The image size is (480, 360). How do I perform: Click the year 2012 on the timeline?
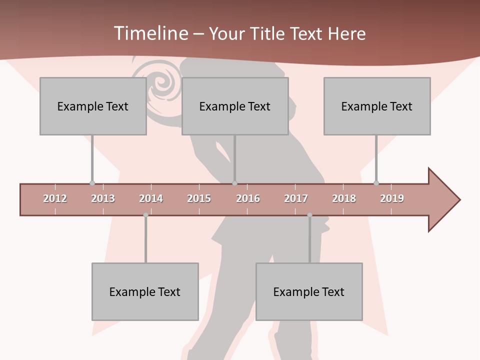coord(55,198)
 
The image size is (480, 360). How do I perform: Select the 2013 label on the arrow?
coord(103,198)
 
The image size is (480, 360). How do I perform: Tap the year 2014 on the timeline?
coord(151,198)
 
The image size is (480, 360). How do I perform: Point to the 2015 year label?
coord(199,198)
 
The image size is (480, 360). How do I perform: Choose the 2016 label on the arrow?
coord(248,198)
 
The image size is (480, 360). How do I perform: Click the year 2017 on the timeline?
coord(296,198)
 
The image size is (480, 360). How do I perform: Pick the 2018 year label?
coord(344,198)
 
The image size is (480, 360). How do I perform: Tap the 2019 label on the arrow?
coord(392,198)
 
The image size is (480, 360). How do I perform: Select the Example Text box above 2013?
coord(93,106)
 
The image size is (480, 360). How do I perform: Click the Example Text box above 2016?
coord(235,106)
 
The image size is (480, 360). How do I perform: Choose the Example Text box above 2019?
coord(377,106)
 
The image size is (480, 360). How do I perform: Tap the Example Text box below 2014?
coord(145,291)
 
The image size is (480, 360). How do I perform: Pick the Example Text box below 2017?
coord(309,291)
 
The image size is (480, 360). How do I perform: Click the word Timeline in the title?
coord(149,33)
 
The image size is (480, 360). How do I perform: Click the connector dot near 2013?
coord(92,183)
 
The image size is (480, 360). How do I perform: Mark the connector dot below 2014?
coord(145,215)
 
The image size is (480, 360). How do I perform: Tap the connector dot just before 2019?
coord(376,183)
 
